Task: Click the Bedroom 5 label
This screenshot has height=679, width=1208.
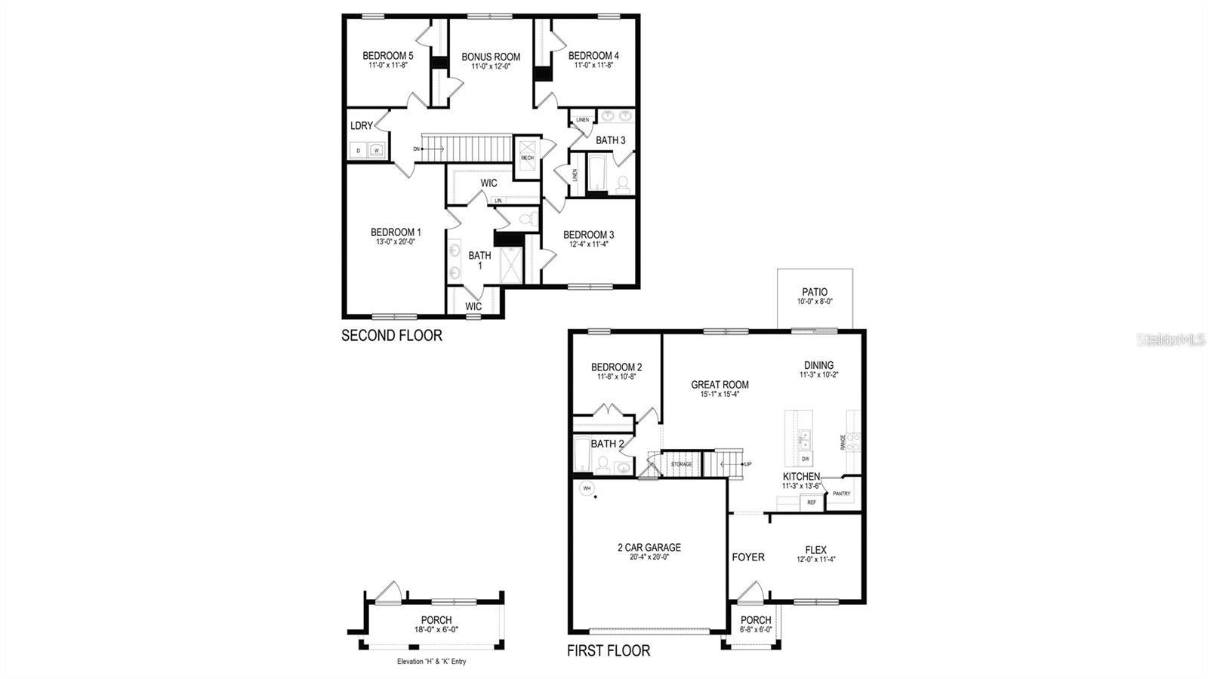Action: tap(387, 56)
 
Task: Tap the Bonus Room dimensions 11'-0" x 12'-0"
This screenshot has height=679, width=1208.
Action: tap(491, 67)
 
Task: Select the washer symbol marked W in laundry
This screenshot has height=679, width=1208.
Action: tap(376, 150)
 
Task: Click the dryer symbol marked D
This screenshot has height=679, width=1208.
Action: tap(359, 150)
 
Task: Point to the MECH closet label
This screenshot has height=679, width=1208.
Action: tap(527, 158)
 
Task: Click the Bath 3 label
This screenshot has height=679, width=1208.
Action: tap(610, 140)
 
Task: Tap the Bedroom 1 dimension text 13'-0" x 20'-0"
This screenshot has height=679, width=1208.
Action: tap(396, 242)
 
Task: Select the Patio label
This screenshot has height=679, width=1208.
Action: tap(815, 292)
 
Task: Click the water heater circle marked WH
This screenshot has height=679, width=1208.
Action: tap(585, 488)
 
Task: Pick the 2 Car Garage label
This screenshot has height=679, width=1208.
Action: tap(649, 548)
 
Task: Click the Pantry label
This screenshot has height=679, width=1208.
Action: tap(841, 494)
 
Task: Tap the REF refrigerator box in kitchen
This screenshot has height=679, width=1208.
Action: tap(812, 502)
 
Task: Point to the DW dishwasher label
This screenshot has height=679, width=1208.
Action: tap(806, 459)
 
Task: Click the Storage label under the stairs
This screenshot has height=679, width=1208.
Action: tap(681, 464)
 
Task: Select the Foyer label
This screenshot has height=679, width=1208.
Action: tap(747, 558)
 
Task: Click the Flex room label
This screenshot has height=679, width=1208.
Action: tap(815, 550)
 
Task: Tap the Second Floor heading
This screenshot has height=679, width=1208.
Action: tap(391, 336)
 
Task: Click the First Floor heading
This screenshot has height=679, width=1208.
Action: tap(608, 650)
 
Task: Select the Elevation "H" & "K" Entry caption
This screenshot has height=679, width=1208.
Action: tap(432, 662)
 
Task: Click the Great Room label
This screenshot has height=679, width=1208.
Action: tap(720, 385)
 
